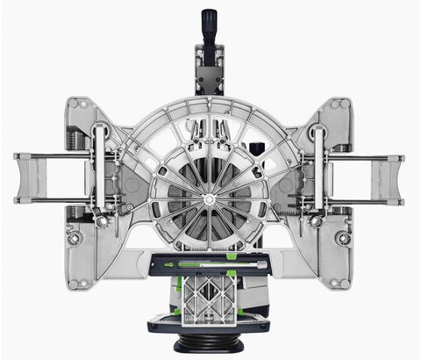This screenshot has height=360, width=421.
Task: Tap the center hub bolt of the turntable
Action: (210, 200)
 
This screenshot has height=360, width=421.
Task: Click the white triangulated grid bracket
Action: (209, 295)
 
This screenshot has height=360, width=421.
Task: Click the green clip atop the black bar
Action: (231, 256)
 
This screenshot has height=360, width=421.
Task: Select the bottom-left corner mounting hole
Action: (80, 283)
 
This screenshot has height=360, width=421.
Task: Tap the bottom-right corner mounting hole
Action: (340, 283)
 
